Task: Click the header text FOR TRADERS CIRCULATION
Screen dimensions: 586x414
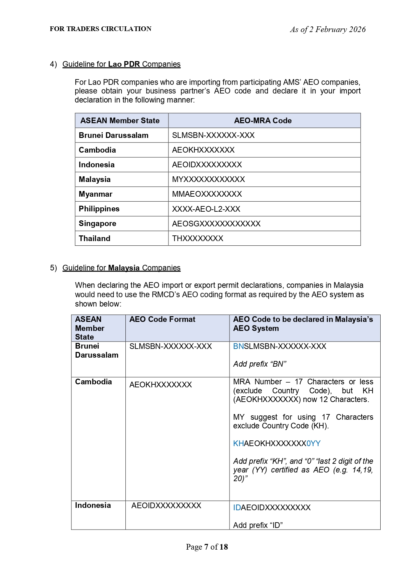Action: (100, 29)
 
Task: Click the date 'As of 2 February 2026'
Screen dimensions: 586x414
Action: (328, 30)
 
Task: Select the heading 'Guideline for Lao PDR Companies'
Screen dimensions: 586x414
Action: (121, 64)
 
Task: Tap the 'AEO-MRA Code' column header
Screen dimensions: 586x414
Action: (263, 121)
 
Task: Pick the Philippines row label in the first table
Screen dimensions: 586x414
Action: (99, 209)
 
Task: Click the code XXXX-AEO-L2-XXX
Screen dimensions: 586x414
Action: (206, 209)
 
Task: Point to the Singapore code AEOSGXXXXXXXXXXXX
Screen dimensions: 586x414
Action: (216, 224)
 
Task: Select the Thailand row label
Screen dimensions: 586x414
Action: (94, 238)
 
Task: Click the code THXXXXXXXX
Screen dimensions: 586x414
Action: (197, 238)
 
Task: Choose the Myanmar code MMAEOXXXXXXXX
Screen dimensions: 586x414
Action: (207, 194)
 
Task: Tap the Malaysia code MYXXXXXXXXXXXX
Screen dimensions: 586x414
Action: (209, 179)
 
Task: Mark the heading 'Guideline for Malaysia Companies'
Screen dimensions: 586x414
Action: (121, 268)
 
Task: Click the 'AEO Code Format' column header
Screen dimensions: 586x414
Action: (162, 320)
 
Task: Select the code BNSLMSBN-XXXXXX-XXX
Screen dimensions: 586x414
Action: (280, 346)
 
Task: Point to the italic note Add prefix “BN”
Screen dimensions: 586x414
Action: (260, 364)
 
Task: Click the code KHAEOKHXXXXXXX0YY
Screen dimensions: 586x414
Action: (277, 443)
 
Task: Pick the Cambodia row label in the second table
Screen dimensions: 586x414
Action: (93, 382)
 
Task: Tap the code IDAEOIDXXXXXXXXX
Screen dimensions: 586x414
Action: (272, 508)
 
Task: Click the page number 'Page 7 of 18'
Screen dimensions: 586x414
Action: (207, 547)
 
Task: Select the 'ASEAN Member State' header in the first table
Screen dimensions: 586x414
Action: (120, 121)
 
